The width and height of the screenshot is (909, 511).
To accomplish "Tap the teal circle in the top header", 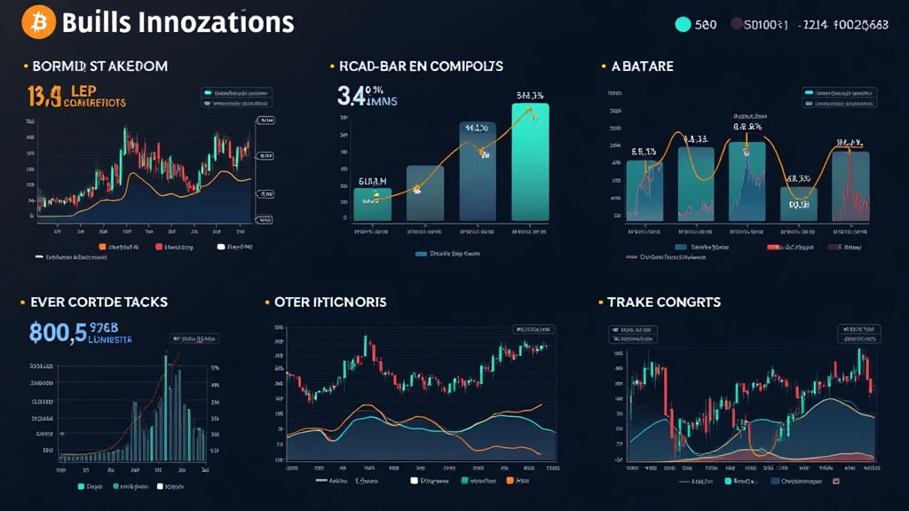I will (x=683, y=25).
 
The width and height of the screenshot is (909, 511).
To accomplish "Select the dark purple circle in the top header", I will (x=737, y=25).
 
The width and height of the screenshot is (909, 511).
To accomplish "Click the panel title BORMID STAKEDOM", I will (x=99, y=67).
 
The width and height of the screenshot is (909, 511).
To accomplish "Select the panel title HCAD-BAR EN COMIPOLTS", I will (x=421, y=67).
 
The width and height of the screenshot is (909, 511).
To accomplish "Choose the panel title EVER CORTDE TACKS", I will (x=99, y=303).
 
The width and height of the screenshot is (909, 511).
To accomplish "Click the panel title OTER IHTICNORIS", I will (x=330, y=303).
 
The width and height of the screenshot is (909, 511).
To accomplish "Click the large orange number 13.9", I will (x=45, y=96).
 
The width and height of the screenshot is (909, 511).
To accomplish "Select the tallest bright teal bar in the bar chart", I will (x=530, y=161).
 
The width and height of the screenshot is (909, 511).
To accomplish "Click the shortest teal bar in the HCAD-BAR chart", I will (x=372, y=204).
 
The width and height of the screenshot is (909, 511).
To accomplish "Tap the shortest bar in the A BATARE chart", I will (x=798, y=203).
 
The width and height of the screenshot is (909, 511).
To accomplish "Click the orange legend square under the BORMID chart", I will (x=103, y=246).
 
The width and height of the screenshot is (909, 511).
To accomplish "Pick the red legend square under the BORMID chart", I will (x=159, y=246).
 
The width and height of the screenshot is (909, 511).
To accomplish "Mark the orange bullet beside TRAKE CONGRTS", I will (x=601, y=303).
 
